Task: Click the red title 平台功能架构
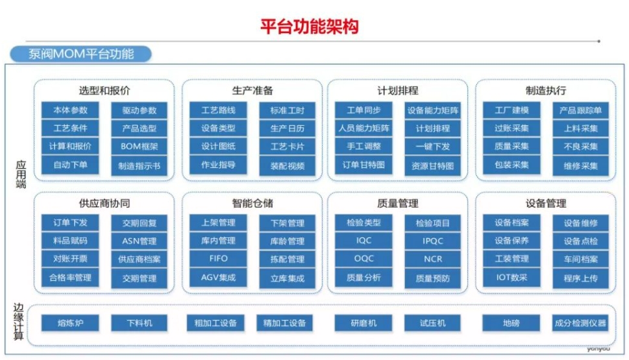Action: (x=309, y=27)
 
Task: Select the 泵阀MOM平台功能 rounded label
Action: (x=80, y=54)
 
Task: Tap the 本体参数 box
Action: (x=70, y=110)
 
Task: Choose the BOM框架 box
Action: (x=139, y=147)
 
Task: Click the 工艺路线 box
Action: (x=218, y=110)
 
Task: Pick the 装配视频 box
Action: (x=287, y=166)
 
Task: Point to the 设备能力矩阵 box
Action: (x=433, y=111)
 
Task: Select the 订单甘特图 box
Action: (x=364, y=165)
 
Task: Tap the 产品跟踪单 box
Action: (x=580, y=111)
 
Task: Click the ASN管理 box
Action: (x=139, y=241)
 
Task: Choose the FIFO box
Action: (x=218, y=259)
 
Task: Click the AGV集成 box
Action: (x=218, y=278)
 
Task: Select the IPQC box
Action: (x=433, y=241)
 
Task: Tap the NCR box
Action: (x=433, y=259)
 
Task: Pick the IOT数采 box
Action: (x=512, y=278)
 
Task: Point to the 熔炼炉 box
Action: (x=70, y=323)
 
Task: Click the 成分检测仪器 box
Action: (x=580, y=323)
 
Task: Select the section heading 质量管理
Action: (x=397, y=203)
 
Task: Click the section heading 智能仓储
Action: (x=253, y=203)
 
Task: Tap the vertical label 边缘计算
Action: (x=18, y=322)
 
